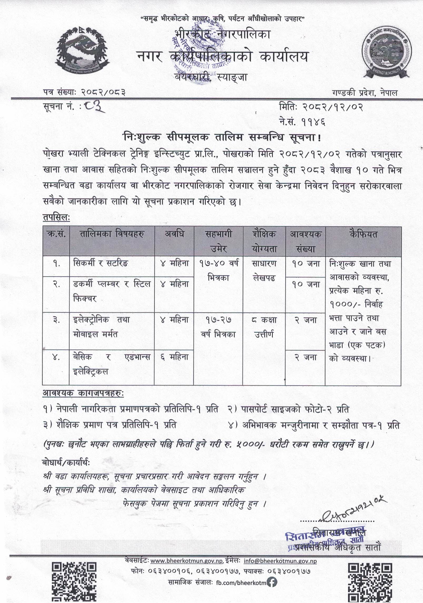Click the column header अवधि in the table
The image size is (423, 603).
click(x=174, y=234)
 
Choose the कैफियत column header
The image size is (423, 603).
click(x=363, y=234)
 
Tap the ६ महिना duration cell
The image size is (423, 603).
click(x=174, y=357)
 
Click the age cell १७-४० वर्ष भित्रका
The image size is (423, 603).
click(x=218, y=271)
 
